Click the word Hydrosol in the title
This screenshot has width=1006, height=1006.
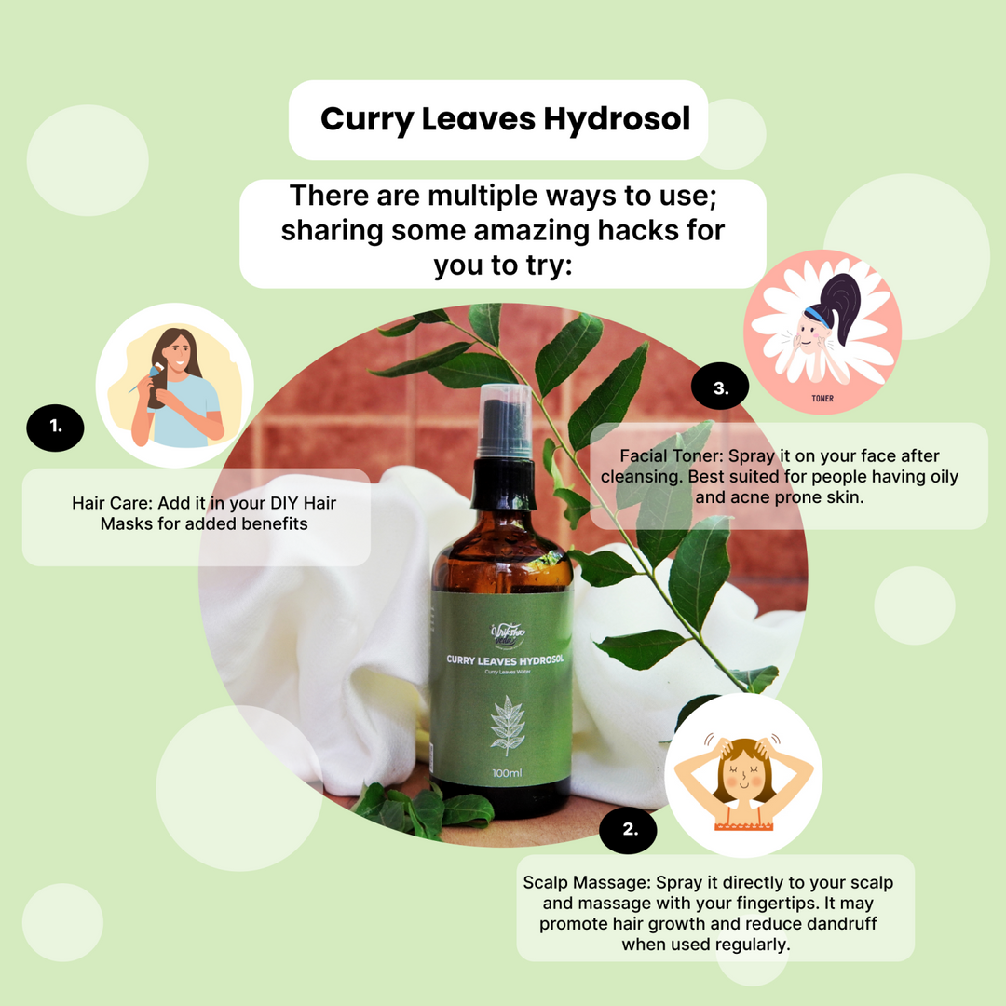618,119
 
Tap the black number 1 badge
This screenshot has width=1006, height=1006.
56,427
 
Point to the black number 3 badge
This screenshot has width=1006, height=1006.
721,387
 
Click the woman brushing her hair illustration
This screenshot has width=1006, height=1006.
175,386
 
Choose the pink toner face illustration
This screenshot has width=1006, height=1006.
822,333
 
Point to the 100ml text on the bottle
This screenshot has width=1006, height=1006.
502,773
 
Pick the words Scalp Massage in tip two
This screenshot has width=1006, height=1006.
587,881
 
